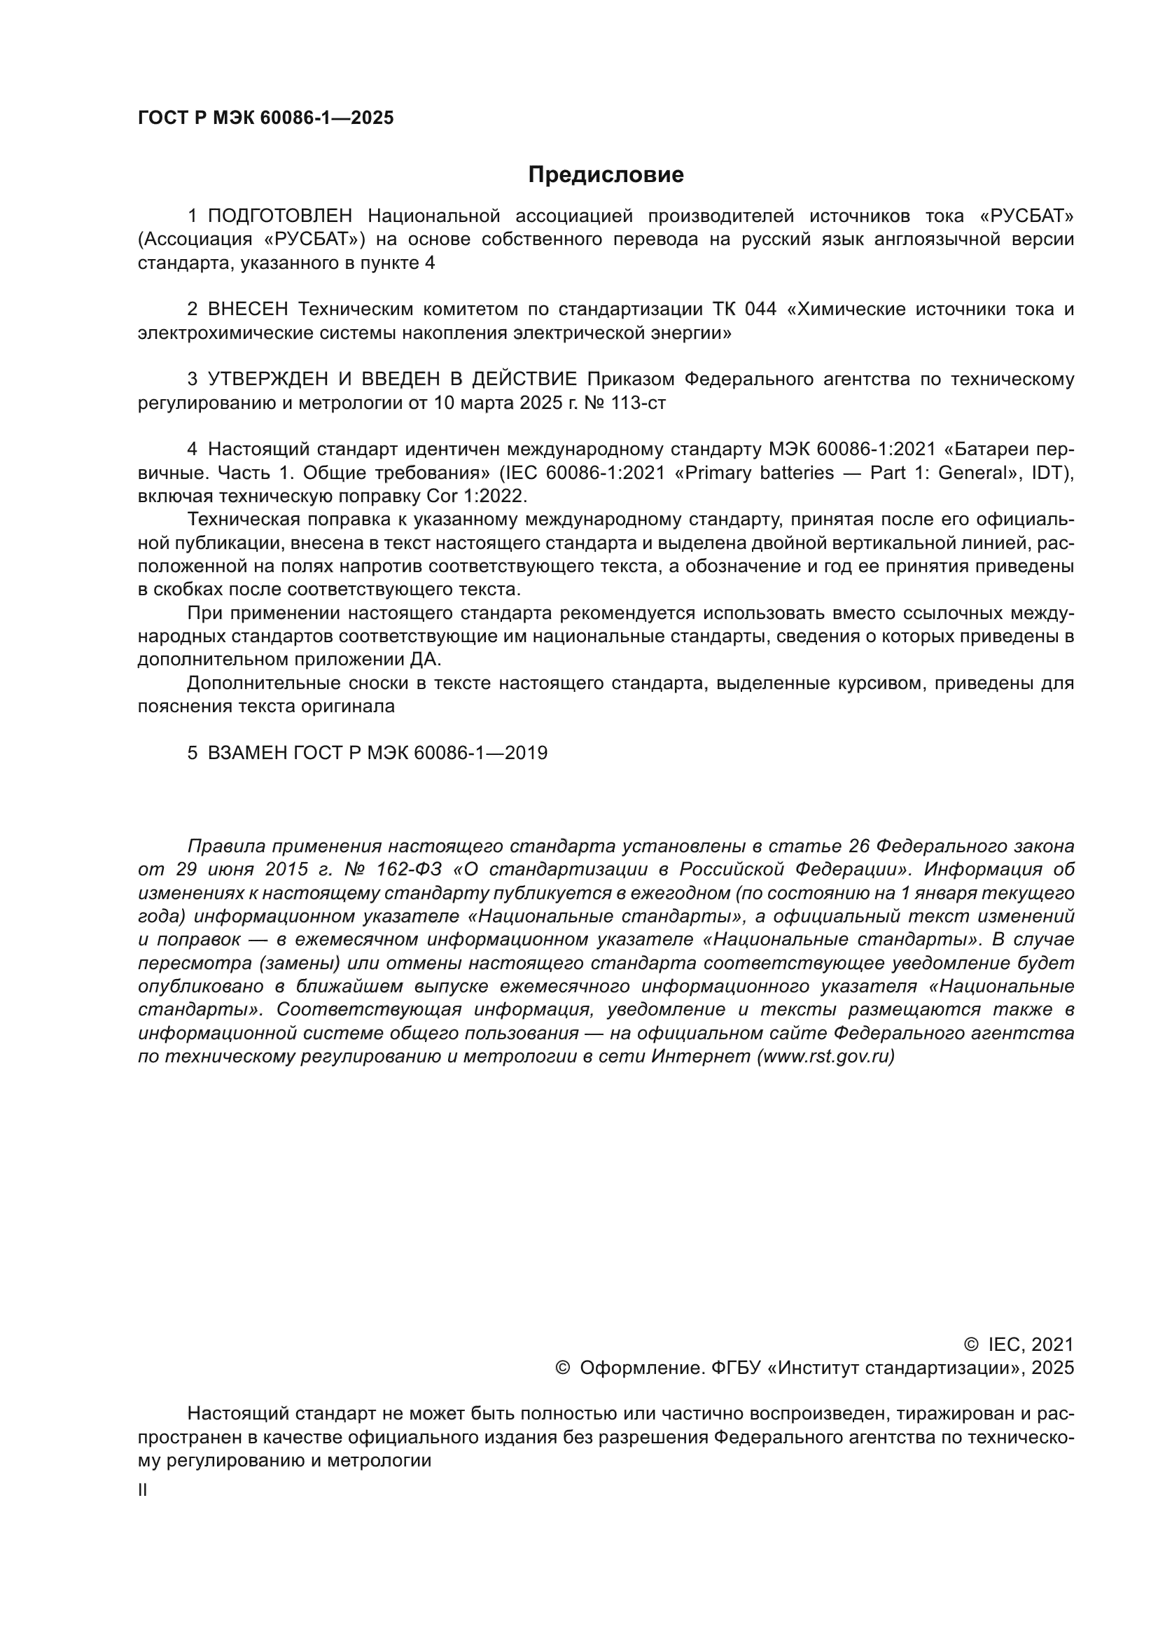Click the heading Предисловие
[x=606, y=175]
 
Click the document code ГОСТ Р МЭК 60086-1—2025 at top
[x=265, y=118]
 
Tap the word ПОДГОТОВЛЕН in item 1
[x=279, y=216]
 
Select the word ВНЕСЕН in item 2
[x=248, y=309]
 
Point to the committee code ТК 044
[x=744, y=309]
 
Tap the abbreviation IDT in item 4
[x=1049, y=473]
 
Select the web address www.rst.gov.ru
[x=825, y=1057]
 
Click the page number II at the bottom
[x=143, y=1490]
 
